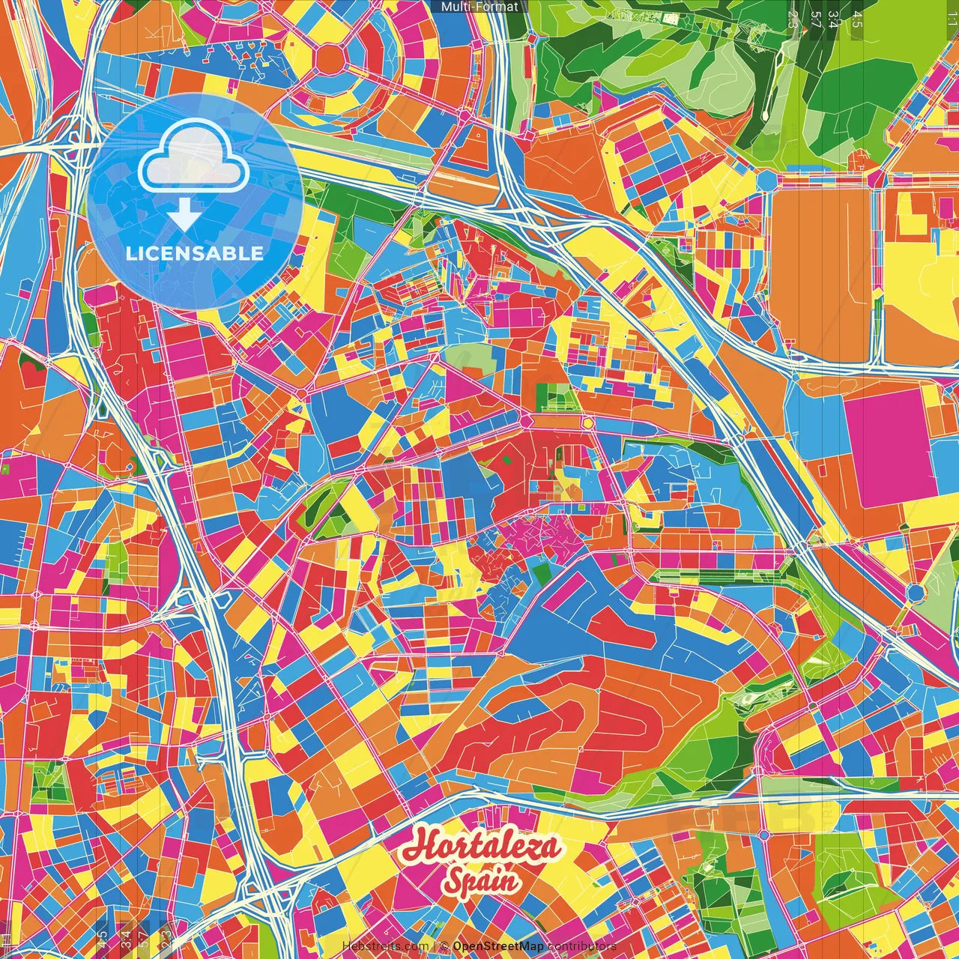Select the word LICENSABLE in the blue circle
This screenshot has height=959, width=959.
coord(195,252)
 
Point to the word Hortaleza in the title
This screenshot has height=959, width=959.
coord(480,847)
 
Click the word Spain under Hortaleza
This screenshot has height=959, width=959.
coord(480,880)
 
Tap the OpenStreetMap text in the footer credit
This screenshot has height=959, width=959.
coord(497,946)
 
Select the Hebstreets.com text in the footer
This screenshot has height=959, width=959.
coord(385,946)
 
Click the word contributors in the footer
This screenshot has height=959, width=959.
coord(581,946)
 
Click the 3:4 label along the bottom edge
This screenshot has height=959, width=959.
coord(124,940)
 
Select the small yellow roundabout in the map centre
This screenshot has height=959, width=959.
coord(588,423)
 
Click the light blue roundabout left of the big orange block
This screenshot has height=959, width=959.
coord(767,181)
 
